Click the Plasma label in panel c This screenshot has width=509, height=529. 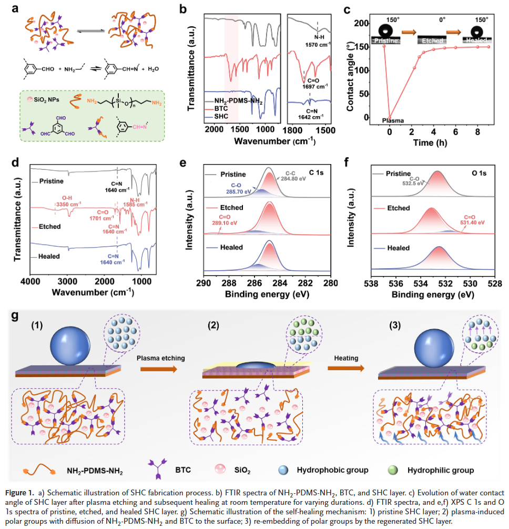393,120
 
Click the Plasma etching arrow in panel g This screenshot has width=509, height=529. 159,369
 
